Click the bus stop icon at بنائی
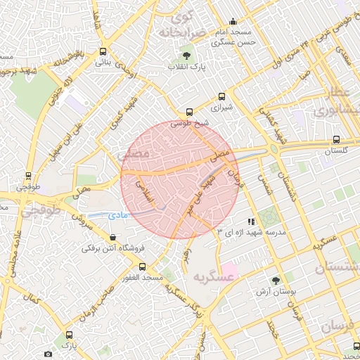point(104,51)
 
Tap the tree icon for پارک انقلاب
point(186,55)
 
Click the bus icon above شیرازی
point(222,96)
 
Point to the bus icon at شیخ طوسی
point(189,112)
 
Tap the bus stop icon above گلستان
point(336,139)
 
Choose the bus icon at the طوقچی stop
point(29,176)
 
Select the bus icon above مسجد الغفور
point(143,266)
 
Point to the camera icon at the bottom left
point(48,354)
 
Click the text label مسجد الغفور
point(143,278)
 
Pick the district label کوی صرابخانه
point(181,25)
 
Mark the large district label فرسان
point(340,327)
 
